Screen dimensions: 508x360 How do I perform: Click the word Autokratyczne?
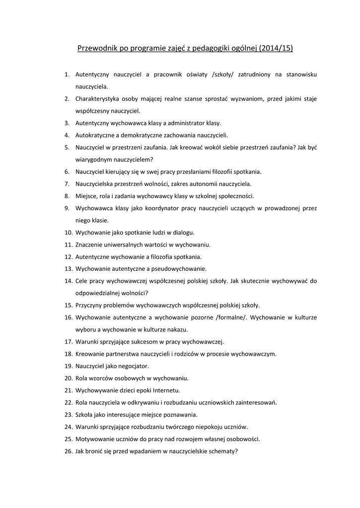point(96,135)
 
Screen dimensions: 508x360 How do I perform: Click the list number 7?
point(67,184)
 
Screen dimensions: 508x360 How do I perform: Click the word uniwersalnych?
point(124,245)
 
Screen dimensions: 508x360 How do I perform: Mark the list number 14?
point(69,281)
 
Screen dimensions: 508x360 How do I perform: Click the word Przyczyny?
point(89,305)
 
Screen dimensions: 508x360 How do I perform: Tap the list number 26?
point(69,451)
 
